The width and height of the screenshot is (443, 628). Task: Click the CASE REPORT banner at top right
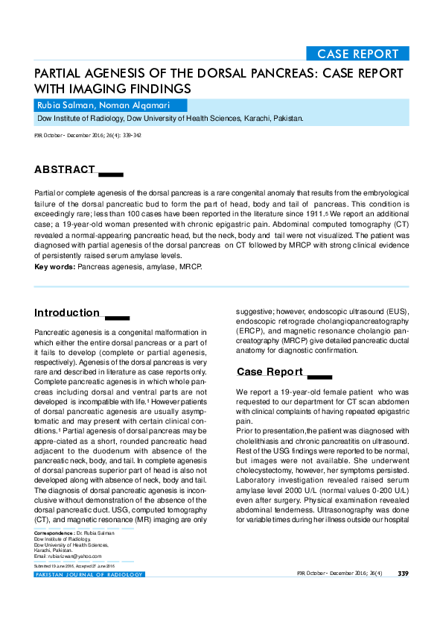point(357,54)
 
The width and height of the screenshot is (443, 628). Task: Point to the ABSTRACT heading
point(66,169)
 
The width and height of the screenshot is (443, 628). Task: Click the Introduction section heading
point(67,313)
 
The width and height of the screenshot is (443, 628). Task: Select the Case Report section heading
point(270,371)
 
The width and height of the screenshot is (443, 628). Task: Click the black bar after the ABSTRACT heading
point(111,175)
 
